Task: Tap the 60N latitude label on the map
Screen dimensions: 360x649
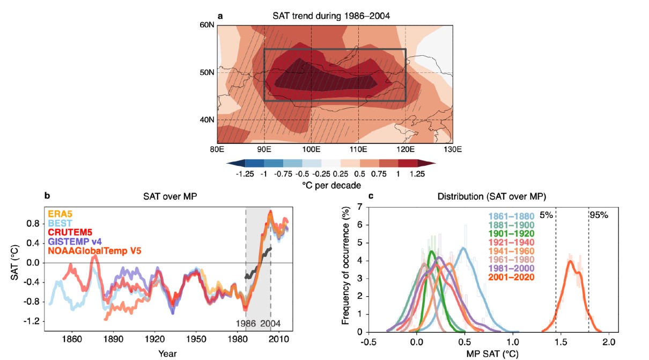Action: click(x=207, y=25)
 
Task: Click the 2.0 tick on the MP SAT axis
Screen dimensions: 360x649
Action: click(x=609, y=341)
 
